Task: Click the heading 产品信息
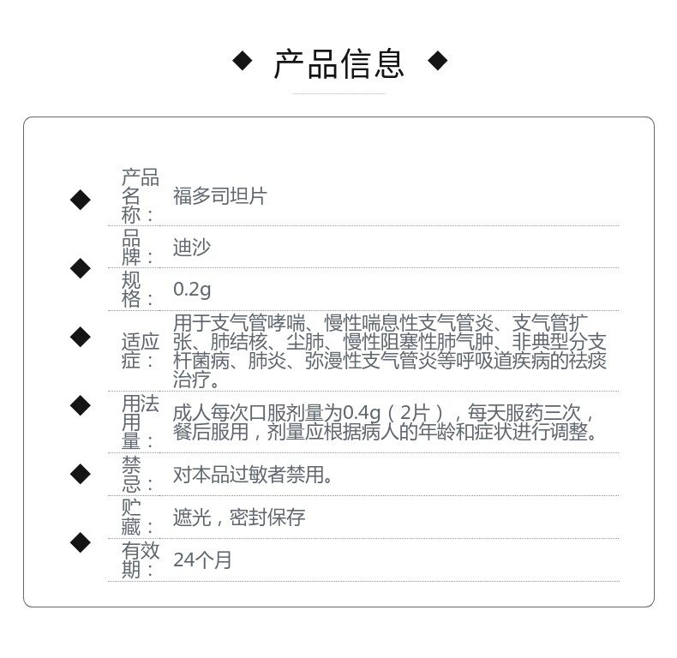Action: pos(338,64)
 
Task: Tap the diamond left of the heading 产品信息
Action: pos(243,61)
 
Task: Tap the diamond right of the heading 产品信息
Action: pos(437,61)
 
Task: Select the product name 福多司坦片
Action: pos(220,196)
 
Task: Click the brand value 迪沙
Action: pos(191,248)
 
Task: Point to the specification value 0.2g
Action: pos(192,290)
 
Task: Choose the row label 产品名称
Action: pos(140,196)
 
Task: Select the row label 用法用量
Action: pos(140,422)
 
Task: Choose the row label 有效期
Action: pos(140,559)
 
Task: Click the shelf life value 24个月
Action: pos(202,560)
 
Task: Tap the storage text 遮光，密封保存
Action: pos(239,517)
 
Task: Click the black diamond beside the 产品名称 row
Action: pos(81,200)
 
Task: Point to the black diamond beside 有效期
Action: pos(81,542)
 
